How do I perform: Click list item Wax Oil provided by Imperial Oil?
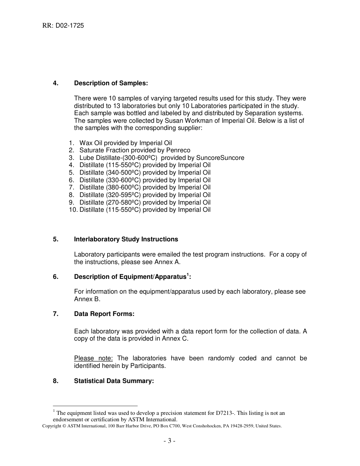[125, 143]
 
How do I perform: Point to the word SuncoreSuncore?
[220, 158]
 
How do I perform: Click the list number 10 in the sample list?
[72, 210]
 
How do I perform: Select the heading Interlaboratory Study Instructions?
[126, 239]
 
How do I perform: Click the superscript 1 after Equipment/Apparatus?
[188, 275]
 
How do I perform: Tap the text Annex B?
[87, 299]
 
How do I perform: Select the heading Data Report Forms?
[104, 314]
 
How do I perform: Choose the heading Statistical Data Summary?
[114, 381]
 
